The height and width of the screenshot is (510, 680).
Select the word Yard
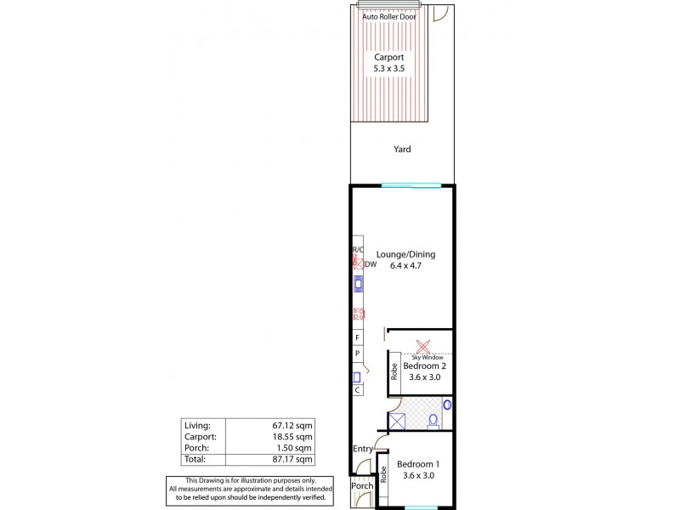pyautogui.click(x=402, y=150)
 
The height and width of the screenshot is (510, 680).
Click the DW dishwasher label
pyautogui.click(x=370, y=264)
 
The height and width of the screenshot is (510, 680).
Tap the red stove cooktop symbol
pyautogui.click(x=359, y=314)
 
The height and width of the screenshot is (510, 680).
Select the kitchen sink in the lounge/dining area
pyautogui.click(x=358, y=286)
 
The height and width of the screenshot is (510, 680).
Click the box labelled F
pyautogui.click(x=358, y=337)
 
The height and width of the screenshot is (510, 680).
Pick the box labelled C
pyautogui.click(x=358, y=390)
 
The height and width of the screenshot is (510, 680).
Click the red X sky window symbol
pyautogui.click(x=422, y=347)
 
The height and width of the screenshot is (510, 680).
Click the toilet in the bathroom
pyautogui.click(x=433, y=418)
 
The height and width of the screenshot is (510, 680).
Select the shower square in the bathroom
pyautogui.click(x=397, y=420)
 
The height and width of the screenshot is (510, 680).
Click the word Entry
pyautogui.click(x=364, y=449)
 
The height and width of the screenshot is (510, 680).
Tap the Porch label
pyautogui.click(x=362, y=485)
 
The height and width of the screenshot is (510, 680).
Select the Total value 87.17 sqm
pyautogui.click(x=292, y=459)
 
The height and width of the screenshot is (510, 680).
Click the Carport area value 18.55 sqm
pyautogui.click(x=292, y=436)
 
